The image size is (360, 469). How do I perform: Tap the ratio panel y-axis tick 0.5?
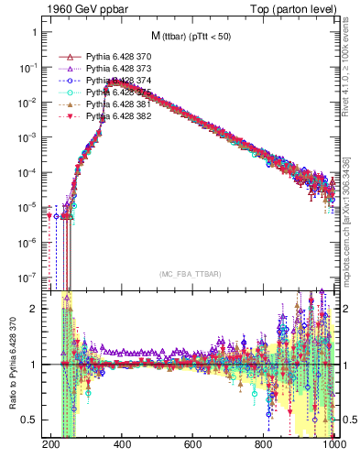point(36,420)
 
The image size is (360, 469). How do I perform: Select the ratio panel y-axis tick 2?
point(40,309)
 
